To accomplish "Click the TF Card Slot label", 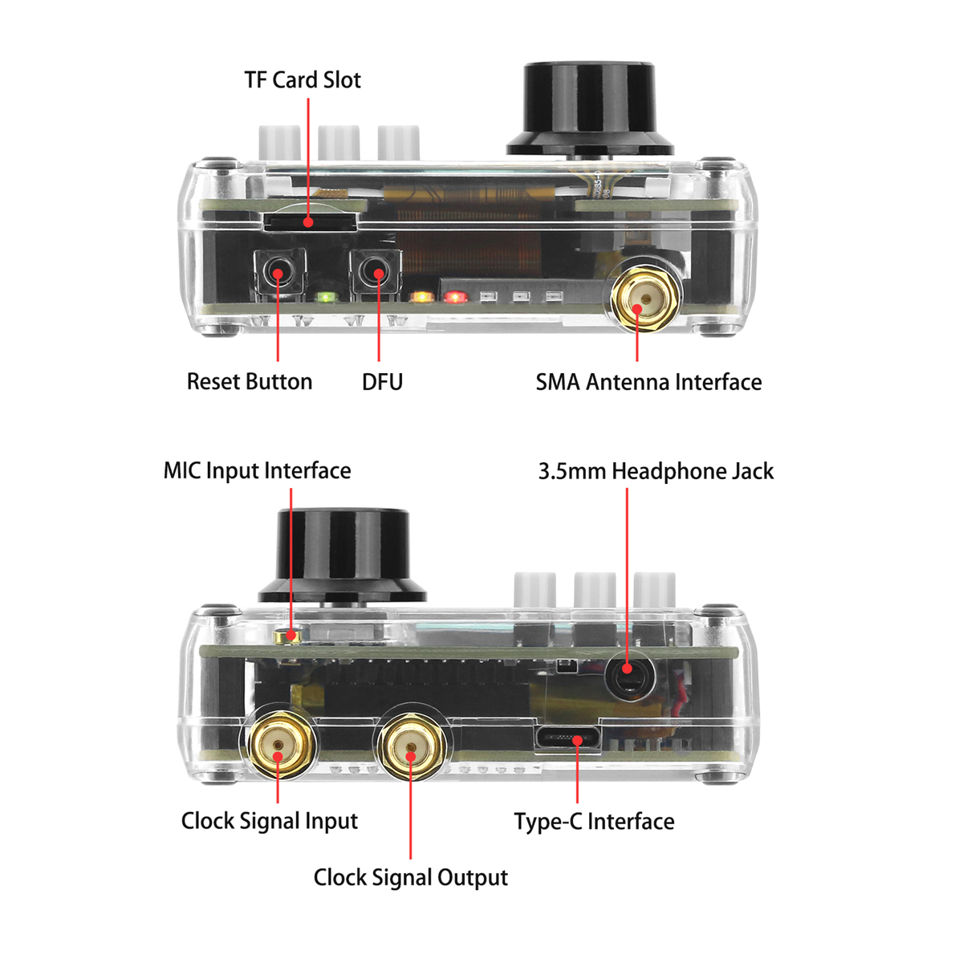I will tap(303, 80).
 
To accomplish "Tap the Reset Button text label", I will tap(250, 381).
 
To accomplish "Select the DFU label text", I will tap(382, 381).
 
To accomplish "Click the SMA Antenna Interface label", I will tap(648, 382).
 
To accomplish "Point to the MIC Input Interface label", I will tap(257, 470).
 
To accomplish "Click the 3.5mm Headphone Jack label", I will tap(656, 471).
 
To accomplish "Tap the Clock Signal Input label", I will tap(270, 821).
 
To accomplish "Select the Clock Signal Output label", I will tap(410, 877).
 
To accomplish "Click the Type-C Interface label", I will tap(594, 822).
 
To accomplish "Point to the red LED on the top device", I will tap(455, 298).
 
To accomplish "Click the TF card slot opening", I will tap(310, 221).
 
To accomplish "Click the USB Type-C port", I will tap(569, 737).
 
